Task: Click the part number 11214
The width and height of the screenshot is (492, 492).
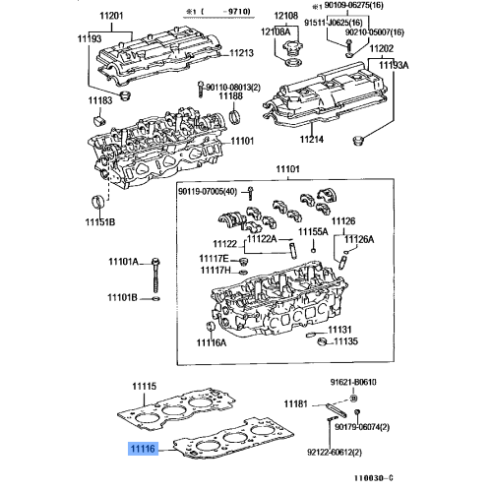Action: tap(312, 140)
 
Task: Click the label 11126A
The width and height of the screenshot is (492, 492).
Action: tap(358, 239)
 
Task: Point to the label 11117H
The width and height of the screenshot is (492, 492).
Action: tap(215, 271)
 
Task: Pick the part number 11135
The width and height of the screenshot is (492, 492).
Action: tap(344, 342)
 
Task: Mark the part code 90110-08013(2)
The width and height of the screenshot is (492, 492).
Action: tap(239, 86)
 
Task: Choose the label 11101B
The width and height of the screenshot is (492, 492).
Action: tap(122, 297)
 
